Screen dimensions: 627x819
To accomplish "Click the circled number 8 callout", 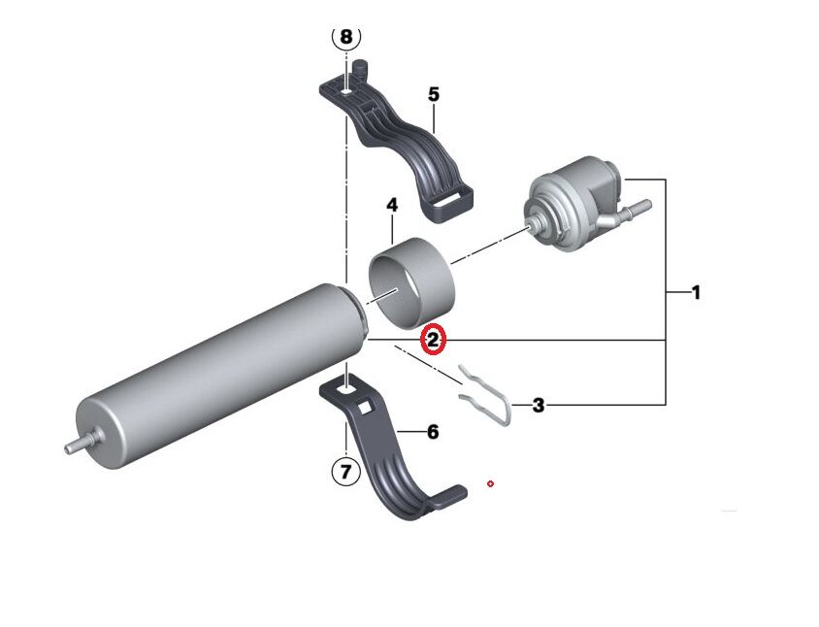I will pyautogui.click(x=346, y=38).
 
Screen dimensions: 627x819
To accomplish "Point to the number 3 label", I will pyautogui.click(x=539, y=406).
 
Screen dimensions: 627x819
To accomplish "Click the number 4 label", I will pyautogui.click(x=392, y=206).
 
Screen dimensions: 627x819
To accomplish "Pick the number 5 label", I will pyautogui.click(x=434, y=94).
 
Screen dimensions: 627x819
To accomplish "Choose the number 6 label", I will pyautogui.click(x=433, y=432).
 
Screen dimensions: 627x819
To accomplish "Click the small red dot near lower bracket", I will pyautogui.click(x=491, y=482).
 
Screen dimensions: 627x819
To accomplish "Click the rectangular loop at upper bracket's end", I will pyautogui.click(x=452, y=202).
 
